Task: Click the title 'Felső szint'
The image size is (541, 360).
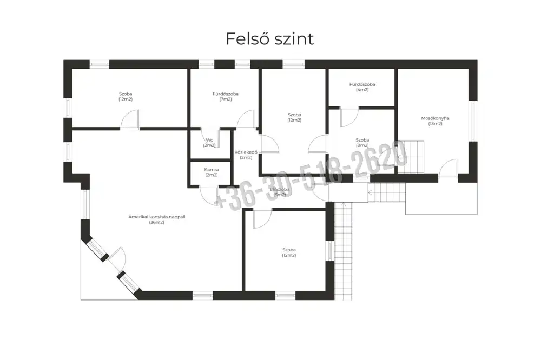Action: (269, 39)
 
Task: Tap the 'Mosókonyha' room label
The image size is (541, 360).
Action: (435, 118)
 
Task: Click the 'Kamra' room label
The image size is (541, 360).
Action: (211, 169)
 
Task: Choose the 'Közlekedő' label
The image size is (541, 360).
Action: (246, 152)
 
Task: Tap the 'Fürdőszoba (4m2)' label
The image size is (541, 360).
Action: (362, 85)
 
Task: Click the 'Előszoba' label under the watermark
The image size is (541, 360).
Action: (280, 190)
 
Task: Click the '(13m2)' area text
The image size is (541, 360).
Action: (435, 124)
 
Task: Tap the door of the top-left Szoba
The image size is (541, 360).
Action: (130, 120)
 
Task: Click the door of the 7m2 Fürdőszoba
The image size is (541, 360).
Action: (246, 120)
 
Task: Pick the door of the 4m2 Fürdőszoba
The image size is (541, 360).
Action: (349, 117)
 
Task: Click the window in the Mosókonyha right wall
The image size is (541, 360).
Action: (473, 121)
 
